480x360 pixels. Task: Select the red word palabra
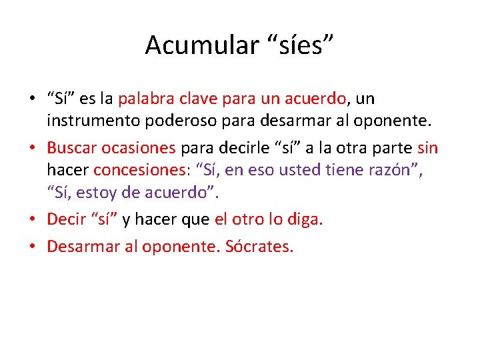(145, 99)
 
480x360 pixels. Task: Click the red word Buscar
(70, 147)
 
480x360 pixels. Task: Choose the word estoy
(98, 193)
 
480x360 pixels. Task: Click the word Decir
(65, 219)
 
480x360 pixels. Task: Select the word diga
(304, 219)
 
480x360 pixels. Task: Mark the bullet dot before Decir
(32, 220)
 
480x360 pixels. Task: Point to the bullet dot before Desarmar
(32, 247)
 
